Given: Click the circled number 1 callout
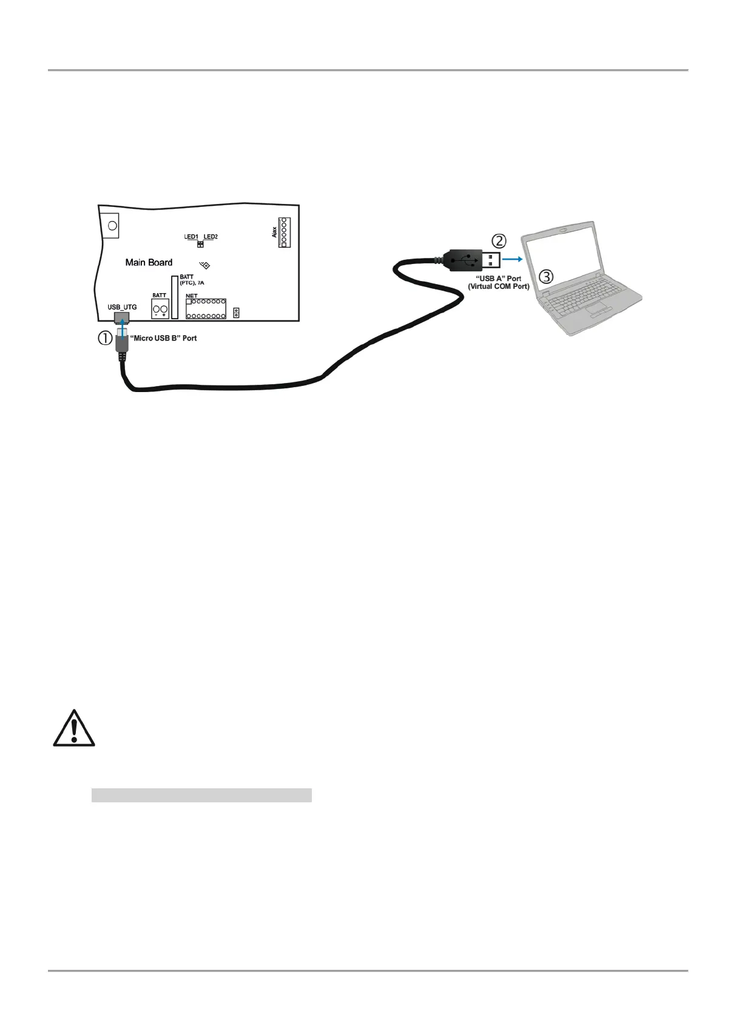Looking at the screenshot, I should pos(106,339).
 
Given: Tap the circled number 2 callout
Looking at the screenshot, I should pos(498,241).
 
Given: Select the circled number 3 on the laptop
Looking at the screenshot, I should pos(546,277).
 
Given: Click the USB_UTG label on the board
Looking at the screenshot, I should pos(122,307).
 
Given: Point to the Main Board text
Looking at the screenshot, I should pos(149,262).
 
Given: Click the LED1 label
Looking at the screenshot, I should pos(191,237).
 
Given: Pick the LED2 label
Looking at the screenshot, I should pos(211,237).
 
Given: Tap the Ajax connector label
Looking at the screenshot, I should pos(274,232).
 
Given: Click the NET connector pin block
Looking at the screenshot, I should pos(206,309).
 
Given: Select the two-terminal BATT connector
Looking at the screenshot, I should pos(160,310).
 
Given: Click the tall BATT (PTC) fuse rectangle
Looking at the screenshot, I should pos(175,297).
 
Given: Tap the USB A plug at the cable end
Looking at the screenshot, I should pos(473,260).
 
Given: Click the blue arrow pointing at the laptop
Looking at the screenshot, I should pos(513,259).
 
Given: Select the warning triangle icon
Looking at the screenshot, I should pos(74,728).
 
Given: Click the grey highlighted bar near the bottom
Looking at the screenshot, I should pos(201,795).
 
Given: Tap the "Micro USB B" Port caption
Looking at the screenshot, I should pos(164,338).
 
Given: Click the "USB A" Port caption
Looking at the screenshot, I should pos(498,279).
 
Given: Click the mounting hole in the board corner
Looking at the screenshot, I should pos(112,226).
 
